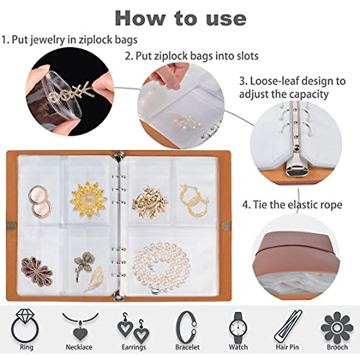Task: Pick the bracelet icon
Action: point(187,327)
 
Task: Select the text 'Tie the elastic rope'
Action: point(292,205)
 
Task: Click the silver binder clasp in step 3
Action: point(295,163)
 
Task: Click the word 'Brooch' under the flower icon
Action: point(337,347)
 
